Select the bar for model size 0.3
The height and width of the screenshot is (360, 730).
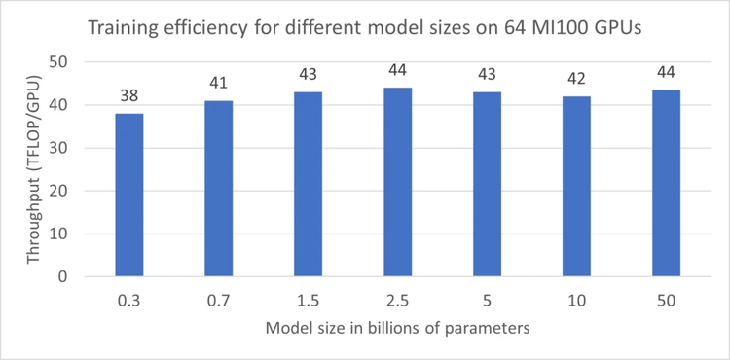129,195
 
